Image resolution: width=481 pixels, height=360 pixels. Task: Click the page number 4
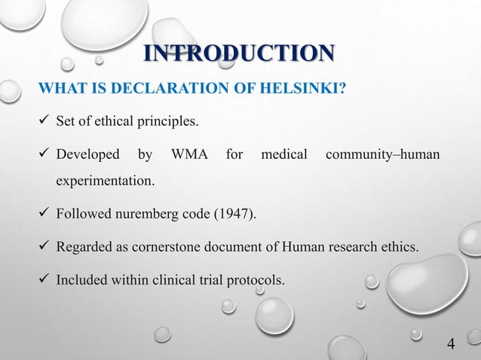[451, 344]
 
